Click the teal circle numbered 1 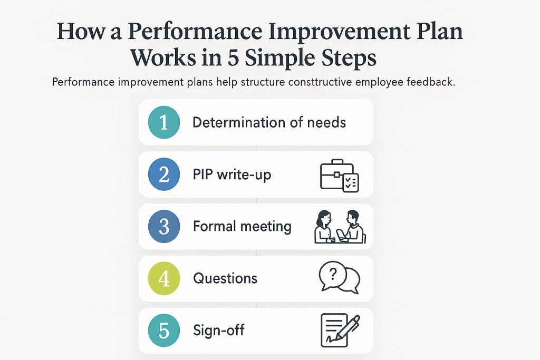tap(163, 122)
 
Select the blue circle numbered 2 tap(163, 174)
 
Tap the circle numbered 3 tap(163, 227)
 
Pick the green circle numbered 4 tap(163, 278)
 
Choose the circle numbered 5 tap(163, 330)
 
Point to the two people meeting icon tap(339, 227)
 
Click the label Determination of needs tap(269, 123)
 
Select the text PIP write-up tap(232, 174)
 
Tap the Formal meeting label tap(242, 227)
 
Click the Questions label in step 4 tap(225, 278)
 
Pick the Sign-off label tap(219, 331)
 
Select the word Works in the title tap(159, 57)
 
